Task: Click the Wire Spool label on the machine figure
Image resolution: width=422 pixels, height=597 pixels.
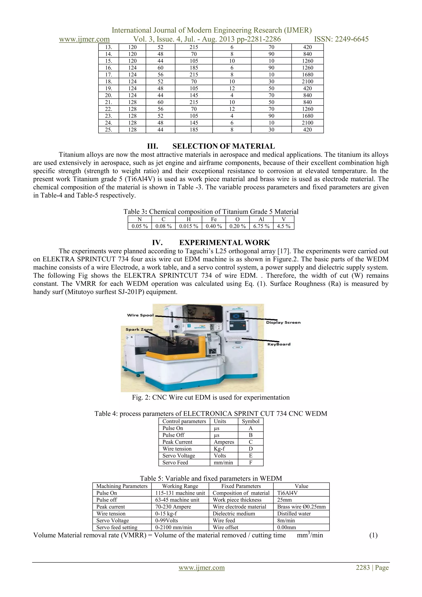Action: pos(140,315)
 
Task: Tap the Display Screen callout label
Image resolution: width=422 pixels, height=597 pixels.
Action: pos(283,323)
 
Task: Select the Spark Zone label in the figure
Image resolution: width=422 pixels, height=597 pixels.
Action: pos(139,330)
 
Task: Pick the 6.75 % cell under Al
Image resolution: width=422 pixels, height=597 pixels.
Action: pos(261,226)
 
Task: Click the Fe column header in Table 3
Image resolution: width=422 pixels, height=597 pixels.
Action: pos(214,219)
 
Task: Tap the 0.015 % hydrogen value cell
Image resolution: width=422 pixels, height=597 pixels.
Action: pos(189,226)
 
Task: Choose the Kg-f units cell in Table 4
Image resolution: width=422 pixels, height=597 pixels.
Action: pos(219,449)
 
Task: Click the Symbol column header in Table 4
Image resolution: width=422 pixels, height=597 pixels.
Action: pos(251,421)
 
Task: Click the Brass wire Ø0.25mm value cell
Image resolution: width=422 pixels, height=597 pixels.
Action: pos(301,507)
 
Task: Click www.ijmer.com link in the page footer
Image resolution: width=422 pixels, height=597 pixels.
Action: pos(202,567)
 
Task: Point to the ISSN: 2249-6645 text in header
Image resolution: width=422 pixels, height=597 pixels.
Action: pos(341,39)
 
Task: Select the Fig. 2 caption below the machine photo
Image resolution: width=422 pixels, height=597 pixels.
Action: pos(211,398)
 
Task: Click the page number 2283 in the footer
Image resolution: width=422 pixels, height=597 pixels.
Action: pos(363,567)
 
